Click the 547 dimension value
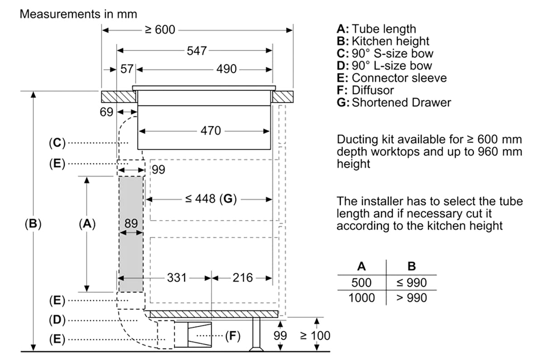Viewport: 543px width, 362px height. pyautogui.click(x=196, y=51)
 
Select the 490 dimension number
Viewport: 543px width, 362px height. pyautogui.click(x=226, y=69)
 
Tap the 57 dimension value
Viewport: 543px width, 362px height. pyautogui.click(x=127, y=69)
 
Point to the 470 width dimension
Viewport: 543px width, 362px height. pyautogui.click(x=211, y=131)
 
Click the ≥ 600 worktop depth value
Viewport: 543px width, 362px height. pyautogui.click(x=160, y=30)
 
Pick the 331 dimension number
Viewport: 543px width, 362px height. pyautogui.click(x=177, y=278)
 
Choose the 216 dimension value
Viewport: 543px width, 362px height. pyautogui.click(x=243, y=278)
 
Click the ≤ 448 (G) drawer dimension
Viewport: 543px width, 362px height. pyautogui.click(x=211, y=199)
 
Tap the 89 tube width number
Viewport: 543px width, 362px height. pyautogui.click(x=131, y=224)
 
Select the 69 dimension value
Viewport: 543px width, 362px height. pyautogui.click(x=106, y=112)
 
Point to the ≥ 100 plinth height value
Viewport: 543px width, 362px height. pyautogui.click(x=315, y=336)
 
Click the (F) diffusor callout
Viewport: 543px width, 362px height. pyautogui.click(x=233, y=336)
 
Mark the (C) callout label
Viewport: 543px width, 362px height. pyautogui.click(x=57, y=143)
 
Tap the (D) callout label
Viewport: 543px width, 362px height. pyautogui.click(x=57, y=320)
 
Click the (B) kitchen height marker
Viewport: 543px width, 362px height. pyautogui.click(x=33, y=224)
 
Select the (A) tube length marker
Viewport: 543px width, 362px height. pyautogui.click(x=87, y=224)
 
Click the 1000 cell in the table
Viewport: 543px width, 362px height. pyautogui.click(x=362, y=297)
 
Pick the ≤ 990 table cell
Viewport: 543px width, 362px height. pyautogui.click(x=411, y=282)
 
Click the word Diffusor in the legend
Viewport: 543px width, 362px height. pyautogui.click(x=373, y=90)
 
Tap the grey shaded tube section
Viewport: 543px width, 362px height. pyautogui.click(x=131, y=234)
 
